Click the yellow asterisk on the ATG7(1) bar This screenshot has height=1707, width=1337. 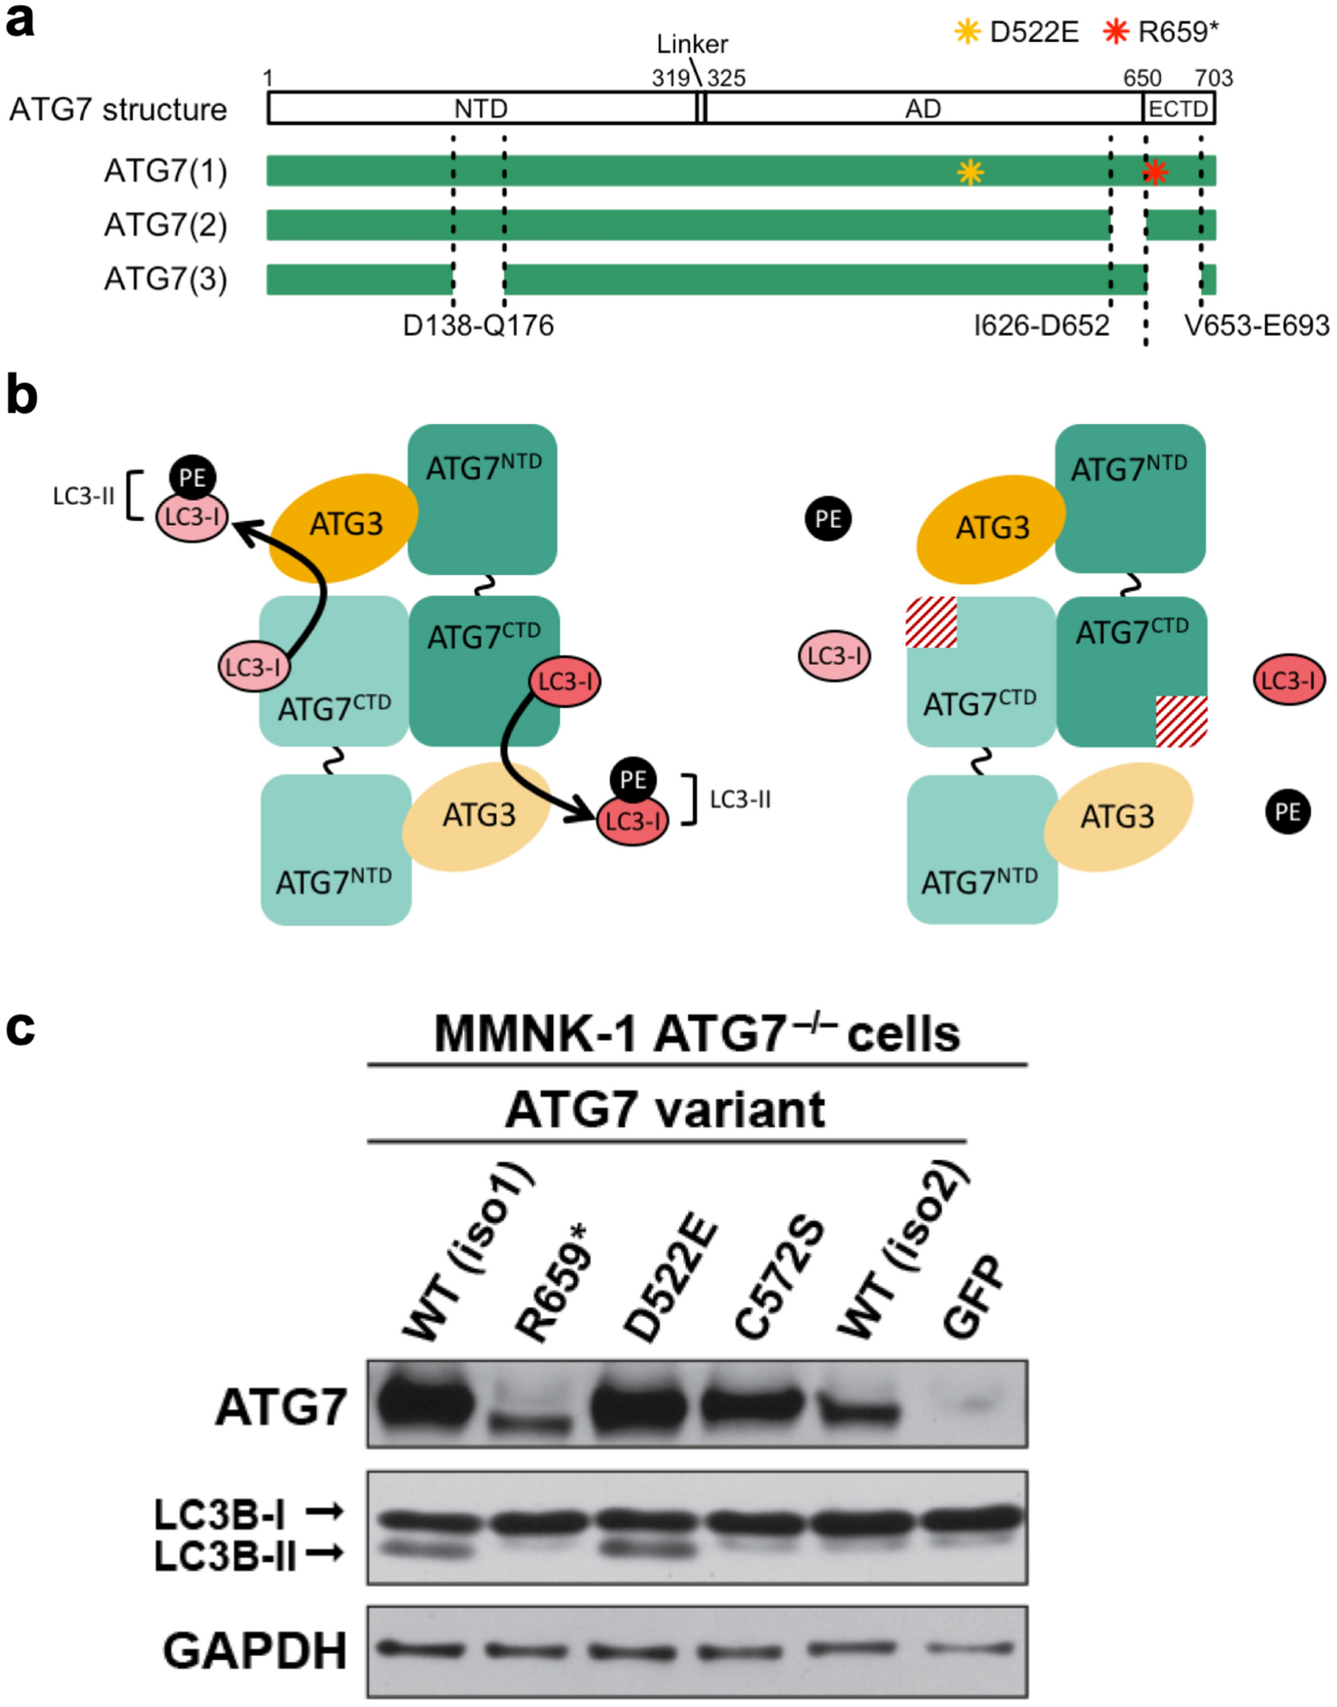coord(970,172)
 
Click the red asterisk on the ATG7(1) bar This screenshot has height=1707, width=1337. coord(1156,172)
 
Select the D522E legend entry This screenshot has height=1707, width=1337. coord(1017,32)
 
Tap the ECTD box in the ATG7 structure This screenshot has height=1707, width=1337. coord(1178,108)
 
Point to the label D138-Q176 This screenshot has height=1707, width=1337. coord(478,325)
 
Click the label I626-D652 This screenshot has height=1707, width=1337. coord(1042,325)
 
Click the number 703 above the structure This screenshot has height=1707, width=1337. coord(1213,78)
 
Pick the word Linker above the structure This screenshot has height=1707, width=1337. coord(692,44)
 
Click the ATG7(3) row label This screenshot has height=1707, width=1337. coord(166,279)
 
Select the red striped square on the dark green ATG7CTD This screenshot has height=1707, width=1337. coord(1181,720)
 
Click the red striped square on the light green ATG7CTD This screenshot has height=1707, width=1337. coord(932,622)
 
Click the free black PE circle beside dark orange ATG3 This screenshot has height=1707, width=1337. coord(828,519)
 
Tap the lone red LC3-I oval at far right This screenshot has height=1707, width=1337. coord(1288,680)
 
